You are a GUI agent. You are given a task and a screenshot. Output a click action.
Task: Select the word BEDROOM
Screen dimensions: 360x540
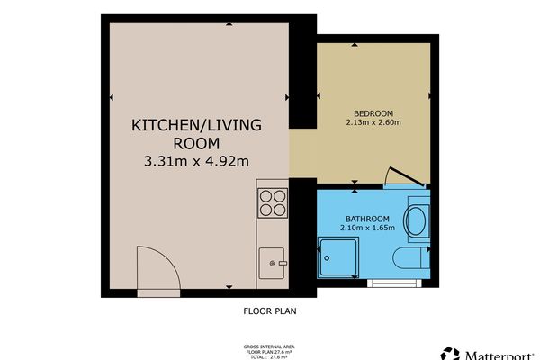(373, 112)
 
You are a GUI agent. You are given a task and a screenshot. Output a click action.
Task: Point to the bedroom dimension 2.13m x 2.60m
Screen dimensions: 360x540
(373, 122)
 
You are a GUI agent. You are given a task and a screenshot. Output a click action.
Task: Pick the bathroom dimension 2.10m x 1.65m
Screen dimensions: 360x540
(367, 229)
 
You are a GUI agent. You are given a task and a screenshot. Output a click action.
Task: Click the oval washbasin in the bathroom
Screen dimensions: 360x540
(418, 220)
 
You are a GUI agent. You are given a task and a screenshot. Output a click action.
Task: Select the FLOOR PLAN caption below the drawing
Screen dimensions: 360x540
(269, 312)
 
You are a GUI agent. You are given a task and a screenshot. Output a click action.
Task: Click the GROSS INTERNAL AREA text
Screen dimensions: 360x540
(269, 346)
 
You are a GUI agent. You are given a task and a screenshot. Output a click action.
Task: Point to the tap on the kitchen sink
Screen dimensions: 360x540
(283, 263)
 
